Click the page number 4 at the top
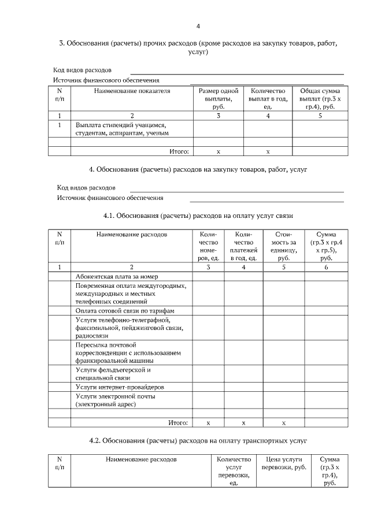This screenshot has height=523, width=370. pos(198,26)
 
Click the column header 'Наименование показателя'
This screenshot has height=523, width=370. pos(132,91)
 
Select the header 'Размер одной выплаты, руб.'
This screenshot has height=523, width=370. pos(218,99)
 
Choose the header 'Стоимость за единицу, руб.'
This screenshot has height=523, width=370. pos(283,246)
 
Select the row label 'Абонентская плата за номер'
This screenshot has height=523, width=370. pos(116,276)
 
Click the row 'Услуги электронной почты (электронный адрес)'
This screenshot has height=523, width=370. pos(115,400)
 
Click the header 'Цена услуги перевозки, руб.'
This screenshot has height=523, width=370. pos(284,463)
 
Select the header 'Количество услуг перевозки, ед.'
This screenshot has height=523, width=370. pos(234,470)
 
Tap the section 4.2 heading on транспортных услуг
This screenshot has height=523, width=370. pos(198,440)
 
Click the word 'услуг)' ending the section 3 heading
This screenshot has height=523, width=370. pos(198,52)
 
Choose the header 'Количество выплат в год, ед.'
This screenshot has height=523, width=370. pos(268,99)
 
